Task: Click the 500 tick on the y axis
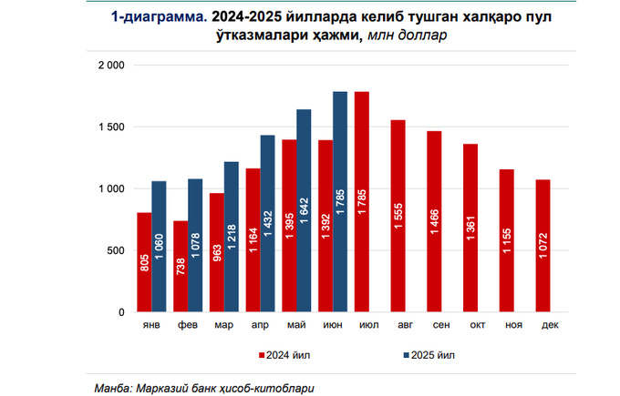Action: coord(116,250)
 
